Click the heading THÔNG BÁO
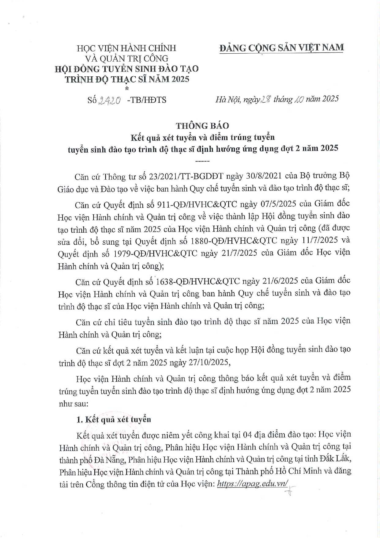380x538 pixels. (202, 126)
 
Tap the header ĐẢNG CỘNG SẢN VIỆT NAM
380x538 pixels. (282, 48)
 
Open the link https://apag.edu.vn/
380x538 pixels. (252, 484)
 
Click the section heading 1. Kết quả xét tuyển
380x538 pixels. (114, 419)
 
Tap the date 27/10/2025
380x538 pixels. (209, 362)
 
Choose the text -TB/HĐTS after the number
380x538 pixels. (146, 100)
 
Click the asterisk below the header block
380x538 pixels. (127, 89)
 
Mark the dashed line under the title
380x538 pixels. (202, 161)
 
